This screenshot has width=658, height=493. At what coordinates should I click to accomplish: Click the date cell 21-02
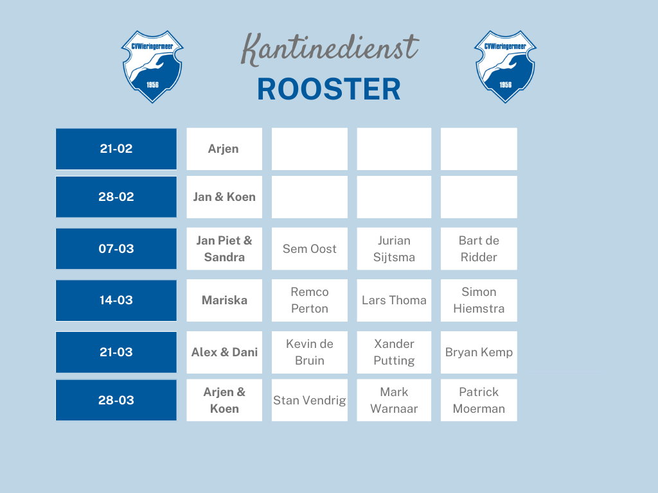(x=116, y=149)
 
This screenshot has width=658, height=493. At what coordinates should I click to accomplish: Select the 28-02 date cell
(x=116, y=196)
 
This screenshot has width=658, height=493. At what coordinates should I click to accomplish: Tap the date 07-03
(x=116, y=248)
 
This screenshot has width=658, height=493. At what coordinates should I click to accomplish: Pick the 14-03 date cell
(x=116, y=300)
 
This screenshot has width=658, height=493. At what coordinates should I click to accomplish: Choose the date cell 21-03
(x=116, y=352)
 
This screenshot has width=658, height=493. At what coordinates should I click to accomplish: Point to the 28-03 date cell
(x=116, y=400)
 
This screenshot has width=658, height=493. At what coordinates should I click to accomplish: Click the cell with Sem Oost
(x=310, y=248)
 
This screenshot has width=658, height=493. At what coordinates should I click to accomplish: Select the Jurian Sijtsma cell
(x=394, y=248)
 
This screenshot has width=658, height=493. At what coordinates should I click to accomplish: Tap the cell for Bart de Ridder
(x=479, y=248)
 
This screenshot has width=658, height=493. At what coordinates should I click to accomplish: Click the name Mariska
(x=224, y=300)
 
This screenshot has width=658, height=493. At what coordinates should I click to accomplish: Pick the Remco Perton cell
(x=310, y=300)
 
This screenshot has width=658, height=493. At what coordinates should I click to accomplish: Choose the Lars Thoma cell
(x=394, y=300)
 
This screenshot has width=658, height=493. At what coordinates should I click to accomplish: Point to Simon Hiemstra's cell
(x=479, y=300)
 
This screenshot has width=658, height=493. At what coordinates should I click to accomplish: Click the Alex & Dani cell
(x=224, y=352)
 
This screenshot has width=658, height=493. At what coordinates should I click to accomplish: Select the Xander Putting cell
(x=394, y=352)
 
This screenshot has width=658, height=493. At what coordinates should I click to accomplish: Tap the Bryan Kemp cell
(x=479, y=352)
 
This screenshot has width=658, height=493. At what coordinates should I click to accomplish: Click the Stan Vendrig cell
(x=310, y=400)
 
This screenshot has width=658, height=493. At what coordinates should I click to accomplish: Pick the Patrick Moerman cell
(x=479, y=400)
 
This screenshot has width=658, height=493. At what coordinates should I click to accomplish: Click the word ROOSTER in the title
(x=329, y=89)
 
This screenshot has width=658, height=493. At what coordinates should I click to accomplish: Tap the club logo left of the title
(x=152, y=66)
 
